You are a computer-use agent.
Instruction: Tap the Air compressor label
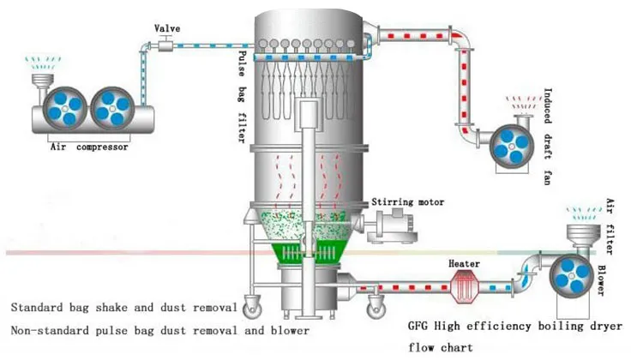pos(90,147)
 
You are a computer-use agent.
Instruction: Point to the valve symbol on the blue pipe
pos(166,42)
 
